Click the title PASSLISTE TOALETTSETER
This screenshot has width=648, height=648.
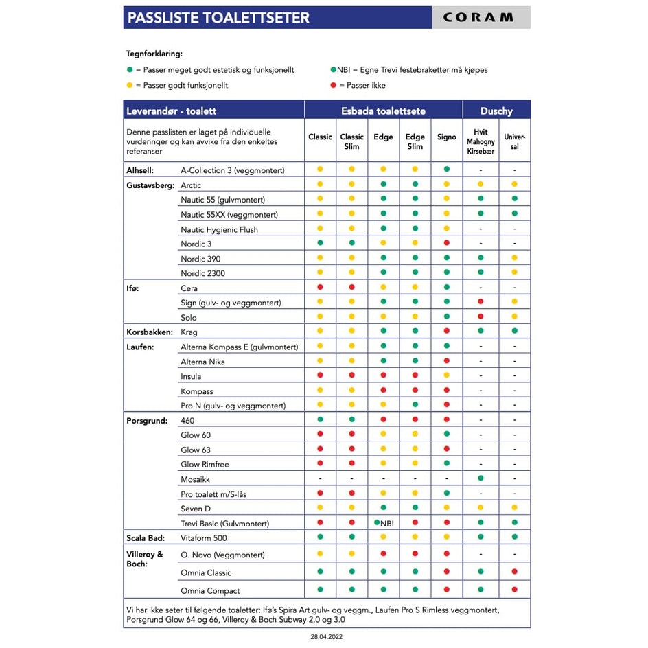coord(218,18)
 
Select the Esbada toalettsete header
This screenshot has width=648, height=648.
coord(383,111)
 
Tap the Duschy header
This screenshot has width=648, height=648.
coord(496,111)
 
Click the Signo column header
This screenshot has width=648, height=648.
coord(446,137)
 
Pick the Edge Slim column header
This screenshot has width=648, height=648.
coord(415,141)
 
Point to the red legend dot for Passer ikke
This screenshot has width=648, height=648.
coord(334,86)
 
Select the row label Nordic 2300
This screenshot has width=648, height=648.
coord(202,273)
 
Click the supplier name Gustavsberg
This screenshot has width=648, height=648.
coord(150,185)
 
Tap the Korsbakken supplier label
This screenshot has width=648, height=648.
coord(149,332)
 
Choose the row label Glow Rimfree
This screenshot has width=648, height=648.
coord(205,465)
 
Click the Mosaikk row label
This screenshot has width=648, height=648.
coord(195,479)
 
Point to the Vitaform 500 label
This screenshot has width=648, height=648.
coord(203,538)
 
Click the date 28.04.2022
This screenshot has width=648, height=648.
coord(327,637)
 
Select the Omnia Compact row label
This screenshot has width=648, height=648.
coord(210,590)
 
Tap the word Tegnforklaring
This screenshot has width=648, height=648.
coord(154,54)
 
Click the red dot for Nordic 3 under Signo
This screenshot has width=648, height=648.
coord(446,244)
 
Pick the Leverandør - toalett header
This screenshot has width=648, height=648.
coord(171,111)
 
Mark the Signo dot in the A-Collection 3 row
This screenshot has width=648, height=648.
coord(446,170)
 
